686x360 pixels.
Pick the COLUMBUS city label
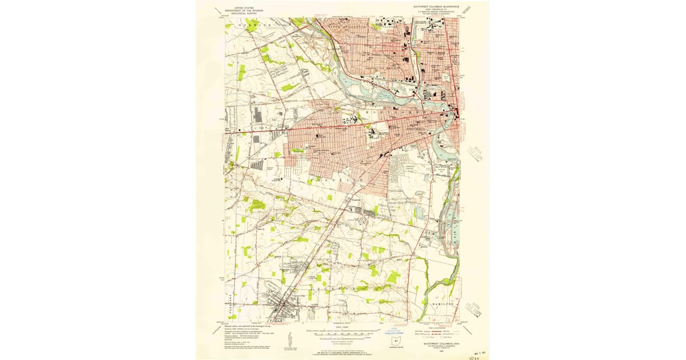coord(416,129)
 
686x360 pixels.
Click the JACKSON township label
coord(344,288)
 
